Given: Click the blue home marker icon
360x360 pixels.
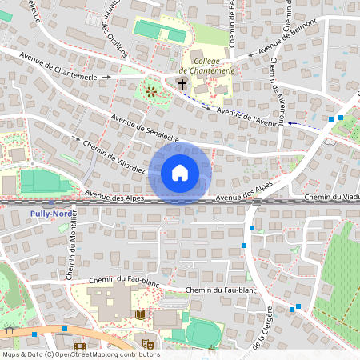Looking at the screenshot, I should [x=180, y=173].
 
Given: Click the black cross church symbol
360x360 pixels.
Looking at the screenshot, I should [x=182, y=83].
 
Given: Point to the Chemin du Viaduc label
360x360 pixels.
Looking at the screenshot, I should [x=331, y=198].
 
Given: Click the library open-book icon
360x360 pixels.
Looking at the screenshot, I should [x=142, y=316].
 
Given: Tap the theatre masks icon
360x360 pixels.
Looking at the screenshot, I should [x=147, y=343].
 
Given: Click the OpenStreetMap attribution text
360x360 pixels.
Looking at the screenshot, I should [x=80, y=354].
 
